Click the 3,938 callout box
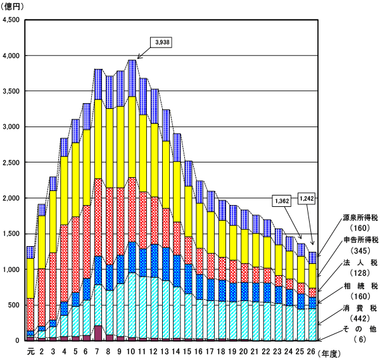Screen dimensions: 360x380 (161, 42)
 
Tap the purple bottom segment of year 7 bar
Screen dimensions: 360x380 (98, 333)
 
